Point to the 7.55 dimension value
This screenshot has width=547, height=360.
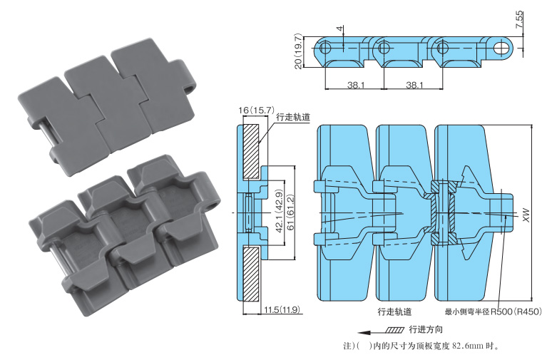(520, 20)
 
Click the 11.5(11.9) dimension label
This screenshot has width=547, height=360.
(281, 310)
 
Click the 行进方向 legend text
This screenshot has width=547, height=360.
(426, 330)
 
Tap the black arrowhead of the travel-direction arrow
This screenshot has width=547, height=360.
(363, 331)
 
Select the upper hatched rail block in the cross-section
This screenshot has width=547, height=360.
(250, 152)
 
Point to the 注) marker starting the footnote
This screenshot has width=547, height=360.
(349, 347)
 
